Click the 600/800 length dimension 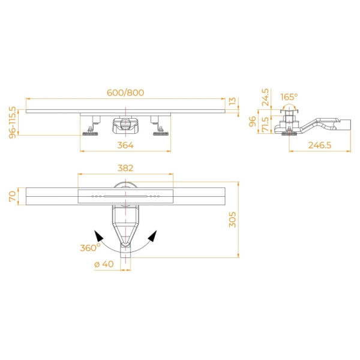point(126,92)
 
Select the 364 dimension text point(125,145)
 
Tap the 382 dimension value point(125,169)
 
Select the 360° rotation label point(90,248)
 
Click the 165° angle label point(289,97)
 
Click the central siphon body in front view point(125,126)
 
